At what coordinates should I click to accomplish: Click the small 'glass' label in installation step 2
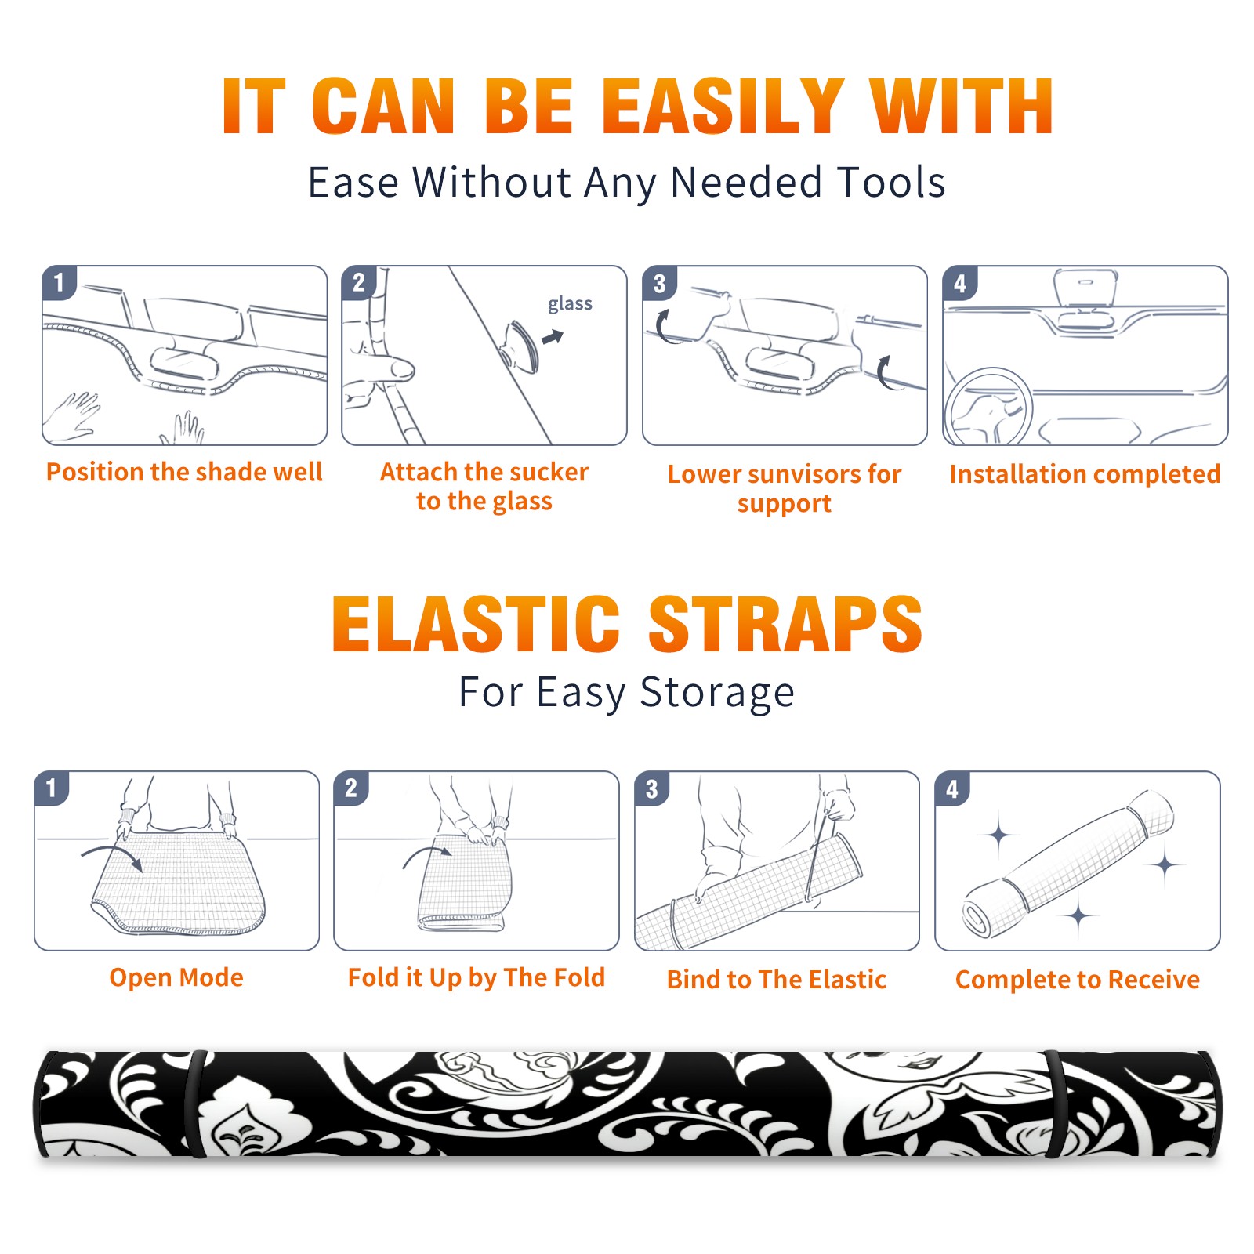(x=570, y=304)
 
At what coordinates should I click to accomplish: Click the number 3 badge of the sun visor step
(x=659, y=283)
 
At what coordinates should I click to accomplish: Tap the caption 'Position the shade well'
(x=184, y=472)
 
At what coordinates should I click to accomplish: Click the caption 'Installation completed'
(x=1085, y=474)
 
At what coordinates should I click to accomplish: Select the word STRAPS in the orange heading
(x=785, y=624)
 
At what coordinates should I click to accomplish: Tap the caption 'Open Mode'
(x=176, y=977)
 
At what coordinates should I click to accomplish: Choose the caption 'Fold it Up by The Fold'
(x=477, y=977)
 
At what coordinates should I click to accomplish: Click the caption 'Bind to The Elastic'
(x=777, y=980)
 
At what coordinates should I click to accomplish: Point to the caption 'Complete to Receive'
(x=1078, y=980)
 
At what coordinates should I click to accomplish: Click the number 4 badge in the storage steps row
(x=952, y=788)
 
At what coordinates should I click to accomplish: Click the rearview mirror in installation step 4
(x=1085, y=287)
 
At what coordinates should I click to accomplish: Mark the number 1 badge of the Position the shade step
(x=59, y=283)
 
